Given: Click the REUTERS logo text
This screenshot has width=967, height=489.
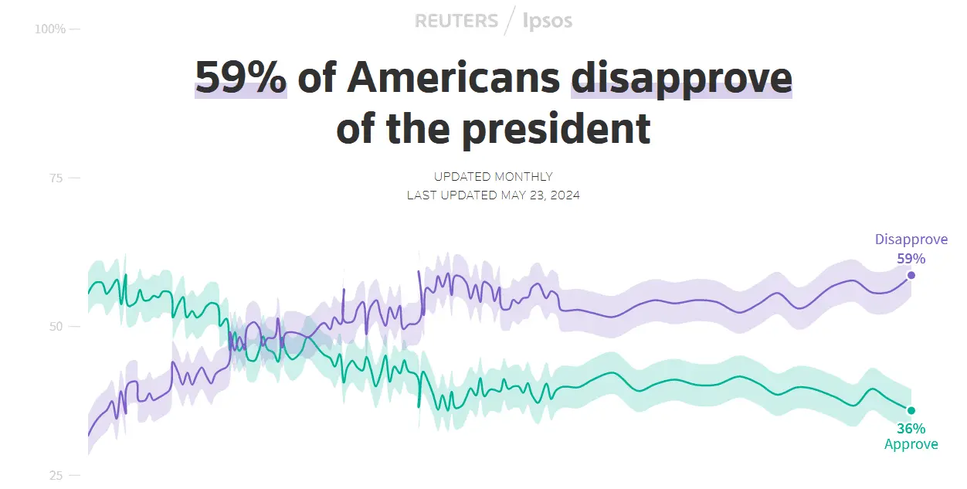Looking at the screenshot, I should tap(456, 21).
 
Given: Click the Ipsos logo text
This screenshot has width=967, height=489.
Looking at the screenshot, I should tap(548, 21).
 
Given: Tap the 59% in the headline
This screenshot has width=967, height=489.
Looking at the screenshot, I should tap(240, 77).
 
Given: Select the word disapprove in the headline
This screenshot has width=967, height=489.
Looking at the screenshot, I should tap(681, 77).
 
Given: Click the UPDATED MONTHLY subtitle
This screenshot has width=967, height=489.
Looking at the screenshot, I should tap(494, 177).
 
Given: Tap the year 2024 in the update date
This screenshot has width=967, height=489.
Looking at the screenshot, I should tap(565, 195).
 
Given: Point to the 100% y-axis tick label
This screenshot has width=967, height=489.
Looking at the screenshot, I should tap(50, 29).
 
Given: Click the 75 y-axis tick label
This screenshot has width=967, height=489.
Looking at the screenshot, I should tap(56, 178).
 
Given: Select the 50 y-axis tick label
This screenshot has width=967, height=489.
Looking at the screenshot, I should tap(56, 327).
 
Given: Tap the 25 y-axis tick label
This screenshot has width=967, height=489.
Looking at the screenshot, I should tap(56, 475).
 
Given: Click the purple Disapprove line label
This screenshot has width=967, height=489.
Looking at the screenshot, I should tap(911, 239).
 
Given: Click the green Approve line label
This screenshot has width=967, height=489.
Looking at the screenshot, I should tap(911, 444).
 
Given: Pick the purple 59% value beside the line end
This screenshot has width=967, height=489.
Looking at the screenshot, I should tap(911, 259).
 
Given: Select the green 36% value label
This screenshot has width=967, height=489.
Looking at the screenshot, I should tap(911, 428).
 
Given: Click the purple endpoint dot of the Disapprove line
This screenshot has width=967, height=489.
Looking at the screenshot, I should tap(911, 275).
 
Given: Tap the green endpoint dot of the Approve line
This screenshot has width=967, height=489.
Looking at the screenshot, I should tap(911, 410).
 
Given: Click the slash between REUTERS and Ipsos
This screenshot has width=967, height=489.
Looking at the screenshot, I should tap(510, 21).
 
